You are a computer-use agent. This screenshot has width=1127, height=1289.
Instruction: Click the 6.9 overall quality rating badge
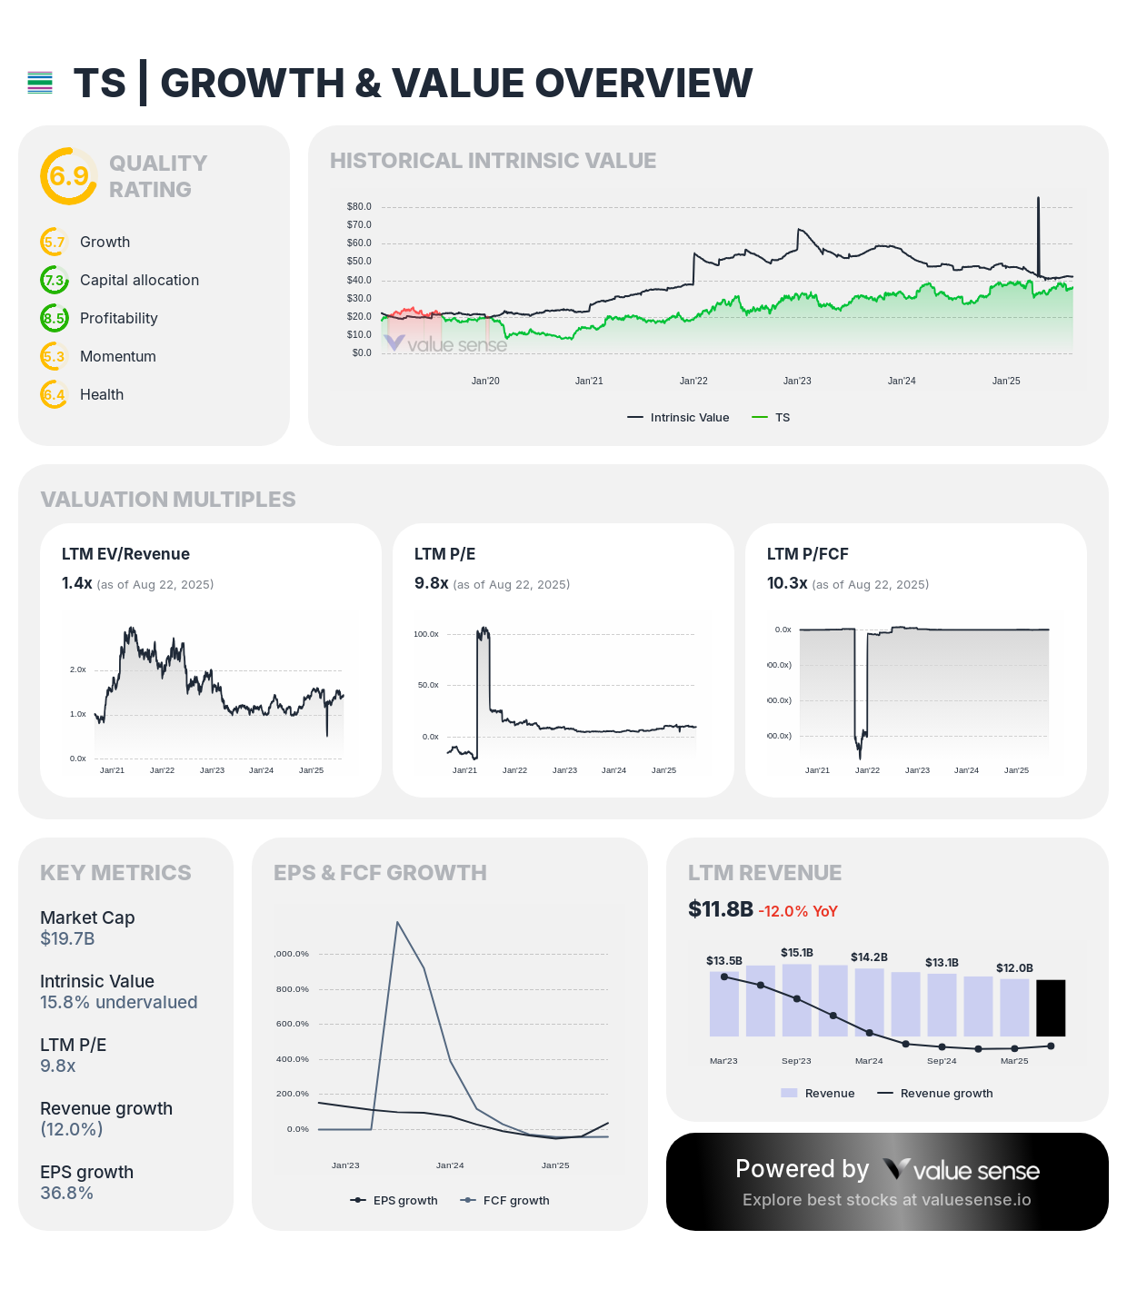pyautogui.click(x=68, y=175)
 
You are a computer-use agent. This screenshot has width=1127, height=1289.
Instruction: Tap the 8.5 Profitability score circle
pyautogui.click(x=55, y=318)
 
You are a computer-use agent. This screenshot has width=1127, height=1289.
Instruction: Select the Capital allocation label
pyautogui.click(x=139, y=280)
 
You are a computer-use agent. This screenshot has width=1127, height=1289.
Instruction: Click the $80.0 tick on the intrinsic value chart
pyautogui.click(x=359, y=206)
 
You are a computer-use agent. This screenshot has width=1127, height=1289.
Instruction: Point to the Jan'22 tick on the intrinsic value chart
pyautogui.click(x=693, y=381)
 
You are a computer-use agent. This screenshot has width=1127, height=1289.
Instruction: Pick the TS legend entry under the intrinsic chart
pyautogui.click(x=772, y=417)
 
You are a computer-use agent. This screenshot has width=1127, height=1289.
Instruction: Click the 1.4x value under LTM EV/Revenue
pyautogui.click(x=76, y=583)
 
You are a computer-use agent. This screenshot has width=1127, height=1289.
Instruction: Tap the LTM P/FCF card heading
pyautogui.click(x=807, y=554)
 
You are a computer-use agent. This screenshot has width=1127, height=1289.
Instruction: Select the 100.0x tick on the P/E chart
pyautogui.click(x=425, y=634)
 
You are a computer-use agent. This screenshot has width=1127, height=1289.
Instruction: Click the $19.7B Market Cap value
pyautogui.click(x=67, y=938)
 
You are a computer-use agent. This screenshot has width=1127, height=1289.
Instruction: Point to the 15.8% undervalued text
pyautogui.click(x=118, y=1002)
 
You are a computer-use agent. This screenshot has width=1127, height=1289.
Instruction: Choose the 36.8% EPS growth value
pyautogui.click(x=66, y=1193)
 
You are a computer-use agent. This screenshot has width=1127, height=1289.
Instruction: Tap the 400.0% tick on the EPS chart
pyautogui.click(x=292, y=1059)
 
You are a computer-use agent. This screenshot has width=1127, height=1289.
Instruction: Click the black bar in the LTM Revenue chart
pyautogui.click(x=1051, y=1007)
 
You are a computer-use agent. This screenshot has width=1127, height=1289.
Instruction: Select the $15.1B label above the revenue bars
pyautogui.click(x=796, y=952)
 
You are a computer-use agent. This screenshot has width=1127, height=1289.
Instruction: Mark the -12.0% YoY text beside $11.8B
pyautogui.click(x=797, y=911)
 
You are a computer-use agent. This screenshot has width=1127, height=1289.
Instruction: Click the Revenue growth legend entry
pyautogui.click(x=935, y=1093)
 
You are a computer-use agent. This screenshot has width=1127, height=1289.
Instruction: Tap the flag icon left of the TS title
pyautogui.click(x=40, y=83)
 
